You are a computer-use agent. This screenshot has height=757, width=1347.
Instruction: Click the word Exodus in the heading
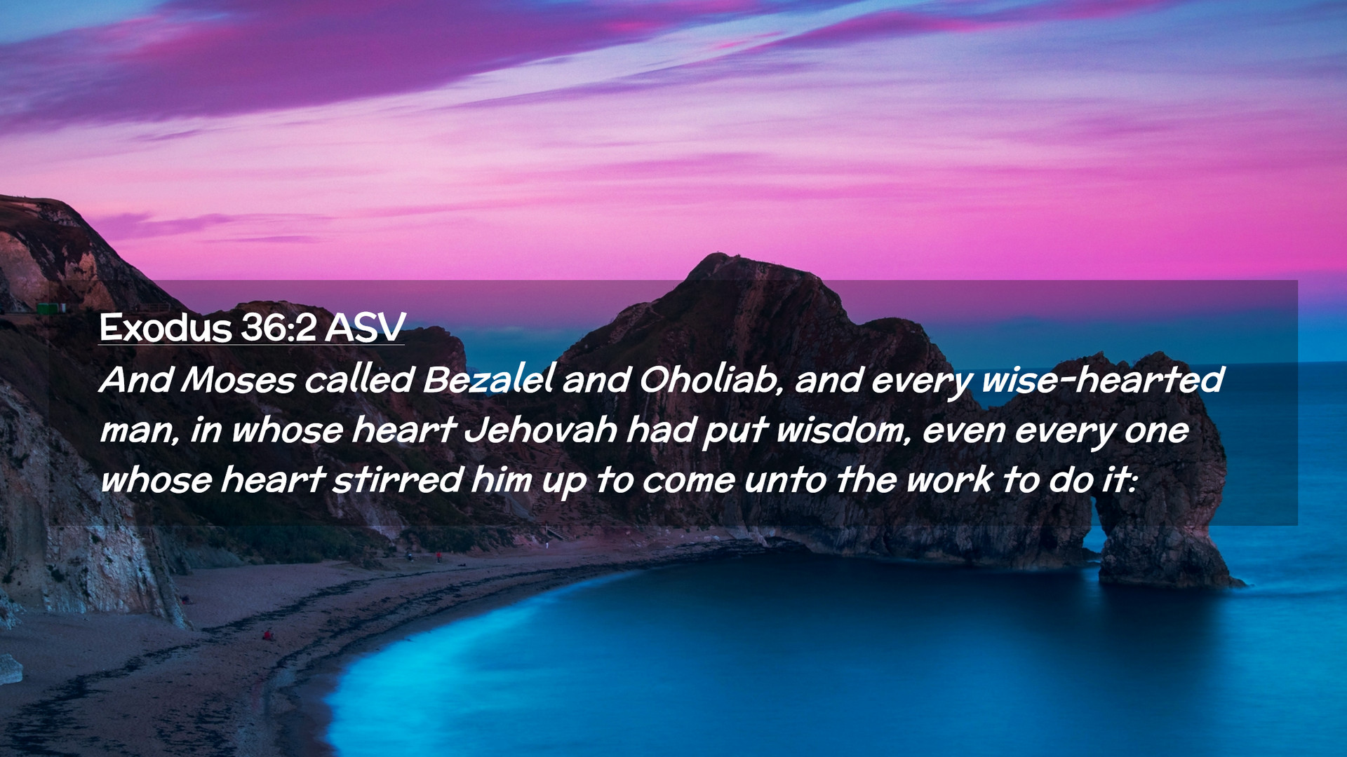point(166,327)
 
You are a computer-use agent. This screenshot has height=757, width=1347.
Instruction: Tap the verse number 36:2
point(279,327)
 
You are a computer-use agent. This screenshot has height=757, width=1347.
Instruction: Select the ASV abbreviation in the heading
point(365,327)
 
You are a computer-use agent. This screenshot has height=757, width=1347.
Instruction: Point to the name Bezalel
point(489,379)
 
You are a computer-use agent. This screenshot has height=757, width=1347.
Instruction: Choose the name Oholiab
point(710,379)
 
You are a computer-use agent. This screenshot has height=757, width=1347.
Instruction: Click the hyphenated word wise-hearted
point(1103,379)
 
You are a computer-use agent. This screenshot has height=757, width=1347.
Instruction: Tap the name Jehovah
point(541,430)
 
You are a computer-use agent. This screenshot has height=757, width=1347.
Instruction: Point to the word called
point(359,379)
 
